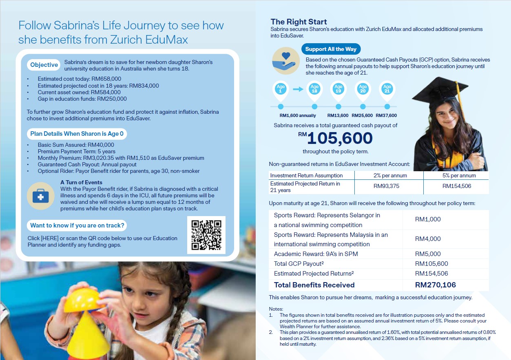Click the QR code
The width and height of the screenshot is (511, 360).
(206, 235)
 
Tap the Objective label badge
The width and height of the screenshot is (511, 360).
(44, 65)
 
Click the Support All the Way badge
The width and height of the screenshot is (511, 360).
(331, 49)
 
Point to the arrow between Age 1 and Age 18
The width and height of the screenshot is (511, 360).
(298, 89)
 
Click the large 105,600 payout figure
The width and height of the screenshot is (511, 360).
(339, 139)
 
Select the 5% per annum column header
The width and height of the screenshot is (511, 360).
(456, 175)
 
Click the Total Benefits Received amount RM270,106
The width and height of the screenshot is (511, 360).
(435, 285)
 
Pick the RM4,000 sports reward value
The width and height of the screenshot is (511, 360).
(428, 239)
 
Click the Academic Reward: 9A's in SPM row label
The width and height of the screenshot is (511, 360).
(315, 254)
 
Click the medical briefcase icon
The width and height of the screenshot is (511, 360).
(40, 196)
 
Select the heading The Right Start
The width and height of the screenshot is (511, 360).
(299, 22)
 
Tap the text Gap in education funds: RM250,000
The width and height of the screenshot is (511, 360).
(82, 99)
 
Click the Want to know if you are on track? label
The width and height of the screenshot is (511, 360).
(77, 225)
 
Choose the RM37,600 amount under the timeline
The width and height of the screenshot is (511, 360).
(386, 115)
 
